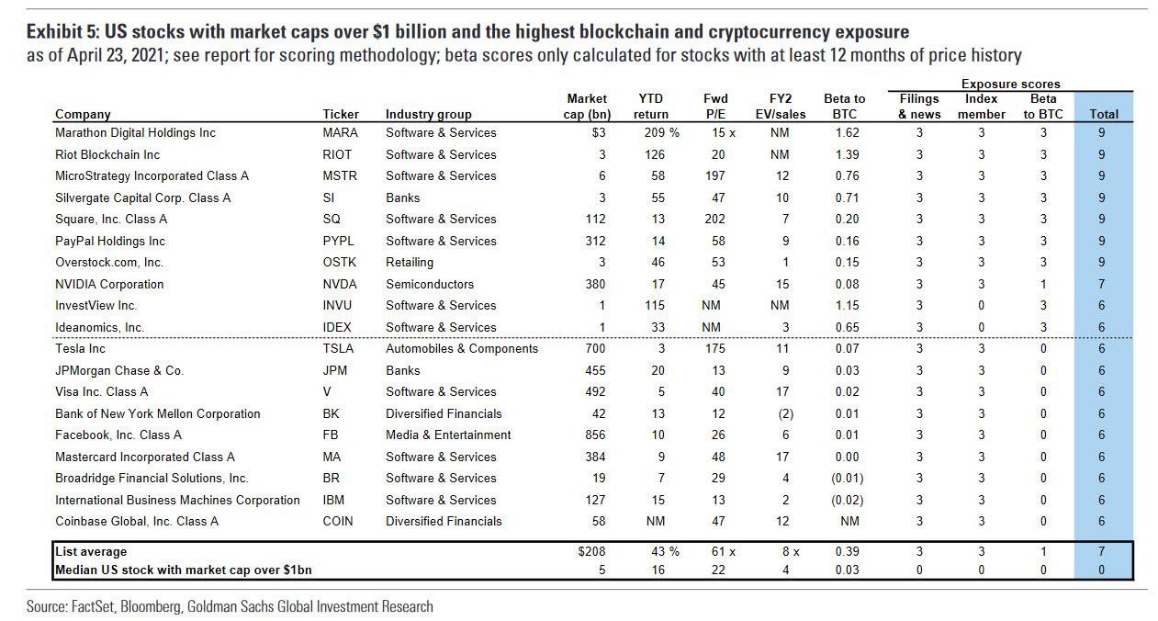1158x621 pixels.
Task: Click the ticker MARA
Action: click(339, 132)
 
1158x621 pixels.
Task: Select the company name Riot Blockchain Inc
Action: click(107, 154)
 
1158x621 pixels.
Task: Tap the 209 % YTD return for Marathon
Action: click(658, 132)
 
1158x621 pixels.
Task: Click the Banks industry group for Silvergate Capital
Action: click(402, 198)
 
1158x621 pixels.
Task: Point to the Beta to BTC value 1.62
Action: click(848, 132)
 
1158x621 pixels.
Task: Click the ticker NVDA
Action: click(339, 284)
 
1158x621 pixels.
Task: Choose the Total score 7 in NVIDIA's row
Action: click(1101, 284)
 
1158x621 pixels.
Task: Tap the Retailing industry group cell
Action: click(410, 262)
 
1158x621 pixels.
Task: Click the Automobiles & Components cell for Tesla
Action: click(462, 348)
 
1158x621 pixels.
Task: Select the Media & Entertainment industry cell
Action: click(448, 435)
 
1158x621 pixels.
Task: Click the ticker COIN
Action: click(338, 521)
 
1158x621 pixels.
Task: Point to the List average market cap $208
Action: click(592, 551)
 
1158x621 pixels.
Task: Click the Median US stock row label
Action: click(183, 570)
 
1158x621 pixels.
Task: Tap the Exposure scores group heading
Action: click(1010, 85)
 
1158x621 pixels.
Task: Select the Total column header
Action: click(1103, 114)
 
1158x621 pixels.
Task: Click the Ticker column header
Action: click(341, 114)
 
